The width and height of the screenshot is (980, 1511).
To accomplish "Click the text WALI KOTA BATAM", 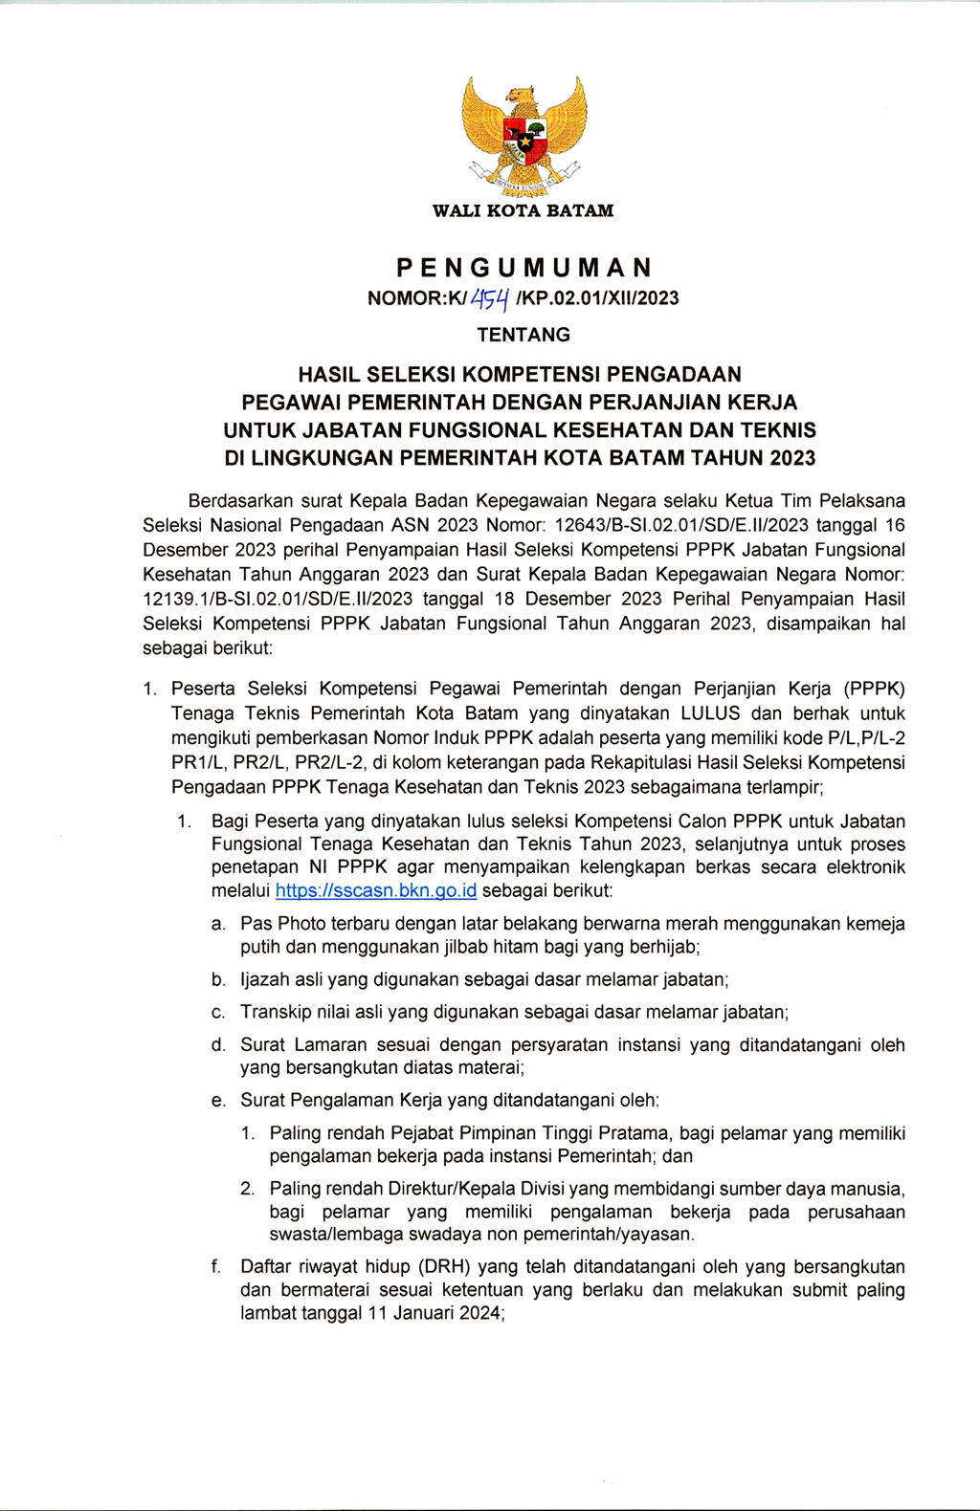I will pos(523,210).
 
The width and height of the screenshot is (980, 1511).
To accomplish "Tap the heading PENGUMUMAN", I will pos(523,267).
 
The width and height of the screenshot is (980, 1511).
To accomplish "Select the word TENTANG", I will pos(523,335).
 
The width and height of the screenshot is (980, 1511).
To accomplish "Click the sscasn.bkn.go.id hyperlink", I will pos(375,891).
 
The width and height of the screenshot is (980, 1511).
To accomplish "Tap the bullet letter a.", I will pos(218,924).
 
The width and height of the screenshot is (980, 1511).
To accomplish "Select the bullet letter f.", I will pos(217,1267).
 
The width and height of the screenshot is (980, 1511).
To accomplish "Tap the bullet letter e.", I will pos(218,1101).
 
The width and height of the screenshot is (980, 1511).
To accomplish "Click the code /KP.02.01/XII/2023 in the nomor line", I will pos(597,298).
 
